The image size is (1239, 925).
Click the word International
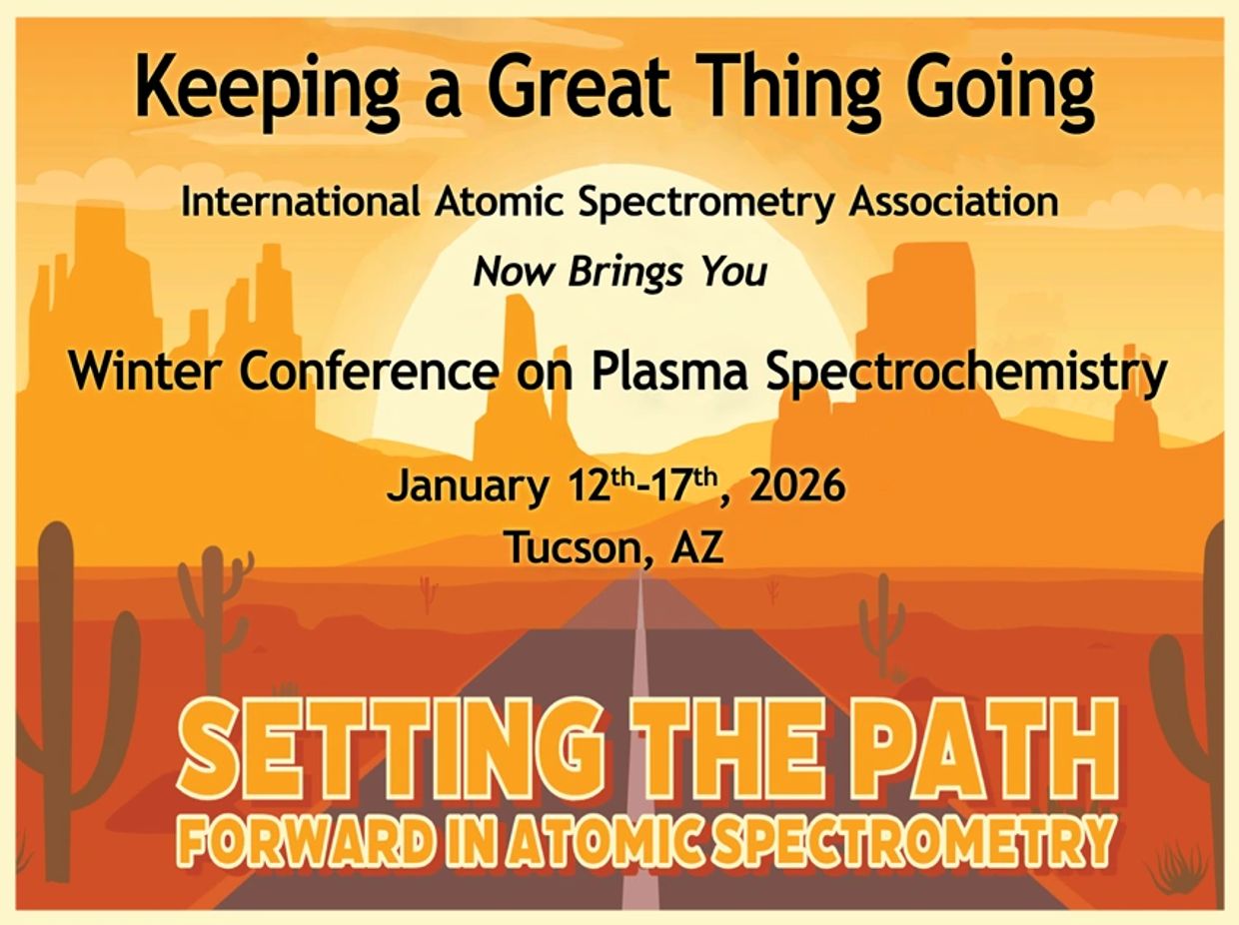click(x=300, y=203)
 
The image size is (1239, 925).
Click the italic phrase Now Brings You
click(x=620, y=272)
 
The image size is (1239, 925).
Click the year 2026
click(x=796, y=487)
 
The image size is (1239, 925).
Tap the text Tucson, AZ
click(x=612, y=547)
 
